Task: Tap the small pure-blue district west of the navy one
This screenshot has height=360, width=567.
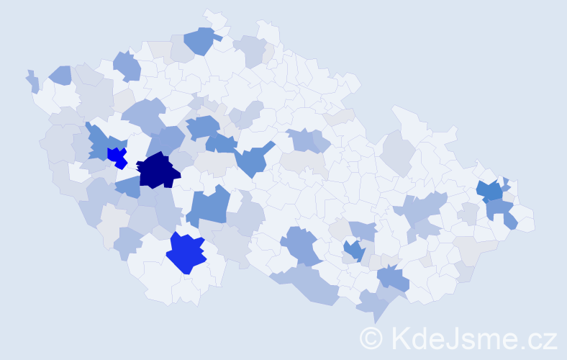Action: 117,156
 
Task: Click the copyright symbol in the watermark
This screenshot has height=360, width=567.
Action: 371,338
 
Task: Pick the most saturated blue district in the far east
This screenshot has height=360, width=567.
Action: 490,192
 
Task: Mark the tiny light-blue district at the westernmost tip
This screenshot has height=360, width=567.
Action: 33,81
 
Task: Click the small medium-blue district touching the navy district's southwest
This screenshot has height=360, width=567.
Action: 128,187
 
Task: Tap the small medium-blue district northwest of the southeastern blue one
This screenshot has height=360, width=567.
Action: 353,250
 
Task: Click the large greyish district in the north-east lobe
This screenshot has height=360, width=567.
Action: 398,150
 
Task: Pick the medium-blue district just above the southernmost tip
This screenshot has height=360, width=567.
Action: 393,276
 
